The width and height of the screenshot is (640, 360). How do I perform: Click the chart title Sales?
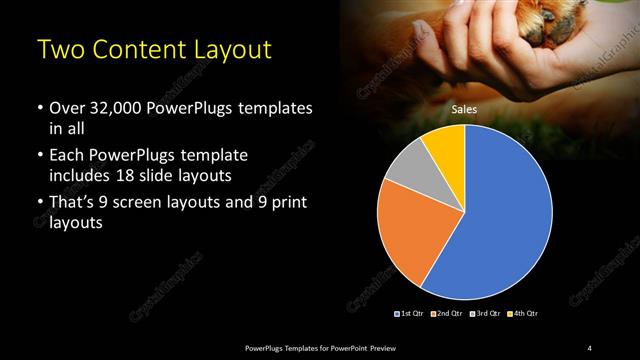(x=464, y=110)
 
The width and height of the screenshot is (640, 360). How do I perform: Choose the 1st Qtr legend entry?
(x=411, y=314)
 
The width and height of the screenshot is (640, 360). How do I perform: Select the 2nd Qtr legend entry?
(x=447, y=314)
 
